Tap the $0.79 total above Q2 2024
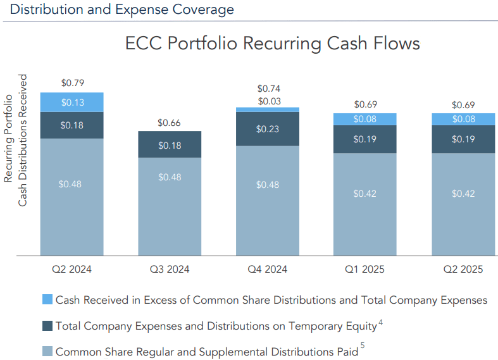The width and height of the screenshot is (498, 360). [x=72, y=82]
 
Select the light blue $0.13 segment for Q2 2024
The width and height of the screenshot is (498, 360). [x=72, y=102]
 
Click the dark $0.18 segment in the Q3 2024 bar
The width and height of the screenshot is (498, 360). [x=170, y=145]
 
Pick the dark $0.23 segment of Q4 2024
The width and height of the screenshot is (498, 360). [x=268, y=129]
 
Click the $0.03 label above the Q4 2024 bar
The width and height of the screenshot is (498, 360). [x=268, y=101]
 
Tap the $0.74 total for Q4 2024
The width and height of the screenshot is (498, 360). [x=268, y=89]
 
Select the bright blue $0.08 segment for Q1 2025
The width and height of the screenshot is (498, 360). [x=365, y=119]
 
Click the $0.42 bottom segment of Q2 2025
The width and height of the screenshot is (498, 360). [x=463, y=193]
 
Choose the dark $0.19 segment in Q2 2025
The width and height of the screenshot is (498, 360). [x=463, y=139]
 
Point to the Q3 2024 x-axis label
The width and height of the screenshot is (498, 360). [x=170, y=269]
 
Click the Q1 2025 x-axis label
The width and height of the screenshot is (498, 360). [x=365, y=269]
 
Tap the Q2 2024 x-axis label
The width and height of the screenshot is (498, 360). [x=72, y=269]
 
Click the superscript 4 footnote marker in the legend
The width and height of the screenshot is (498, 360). [x=380, y=323]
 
